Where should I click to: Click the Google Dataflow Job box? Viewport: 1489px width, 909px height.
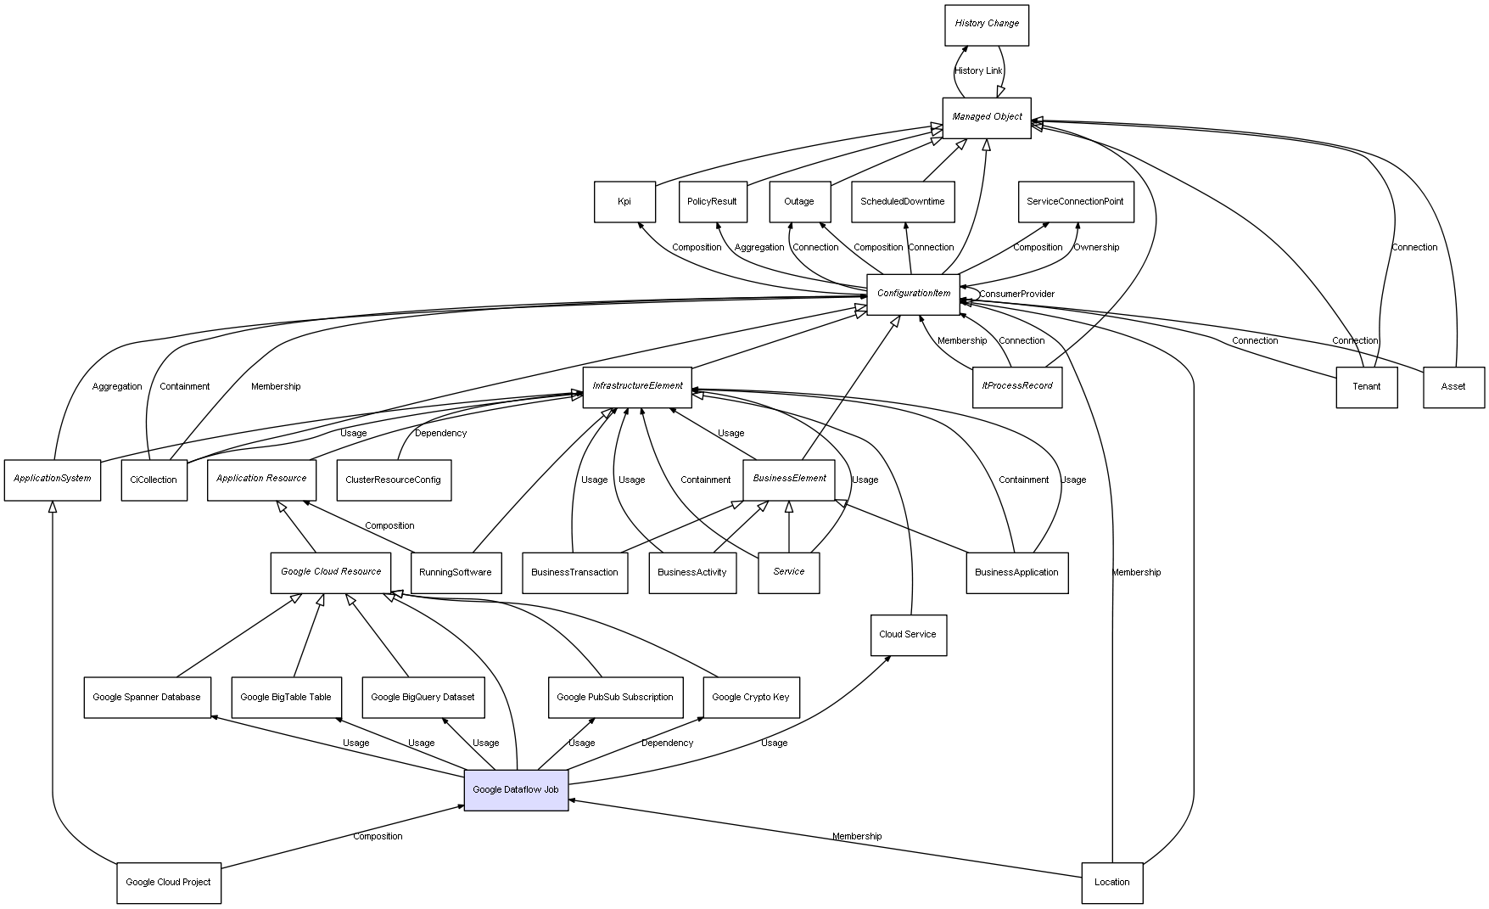[x=516, y=790]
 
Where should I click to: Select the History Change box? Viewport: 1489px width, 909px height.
[x=986, y=25]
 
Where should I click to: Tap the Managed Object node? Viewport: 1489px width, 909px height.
[x=986, y=117]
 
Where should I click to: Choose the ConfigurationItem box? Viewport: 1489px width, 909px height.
[x=913, y=294]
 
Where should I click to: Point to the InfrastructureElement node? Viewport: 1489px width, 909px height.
[x=636, y=386]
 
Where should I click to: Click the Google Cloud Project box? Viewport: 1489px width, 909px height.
[x=168, y=883]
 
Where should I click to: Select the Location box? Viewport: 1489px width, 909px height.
[x=1111, y=883]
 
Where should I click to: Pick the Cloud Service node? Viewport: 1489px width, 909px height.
[x=908, y=635]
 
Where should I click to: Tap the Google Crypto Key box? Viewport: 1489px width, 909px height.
[x=750, y=698]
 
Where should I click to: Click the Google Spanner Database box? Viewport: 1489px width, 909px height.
[x=147, y=698]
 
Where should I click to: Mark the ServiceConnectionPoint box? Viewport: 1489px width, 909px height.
[x=1075, y=202]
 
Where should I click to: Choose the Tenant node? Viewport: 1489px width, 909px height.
[x=1366, y=387]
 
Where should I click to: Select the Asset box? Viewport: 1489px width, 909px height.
[x=1453, y=387]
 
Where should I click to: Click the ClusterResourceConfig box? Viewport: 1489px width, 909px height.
[x=393, y=480]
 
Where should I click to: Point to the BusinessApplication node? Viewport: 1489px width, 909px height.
[x=1016, y=573]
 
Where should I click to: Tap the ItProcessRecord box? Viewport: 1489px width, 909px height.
[x=1016, y=386]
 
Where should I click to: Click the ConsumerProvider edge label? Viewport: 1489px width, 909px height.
[x=1016, y=295]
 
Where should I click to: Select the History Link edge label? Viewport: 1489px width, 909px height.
[x=977, y=71]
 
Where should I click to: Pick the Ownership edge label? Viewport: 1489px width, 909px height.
[x=1095, y=248]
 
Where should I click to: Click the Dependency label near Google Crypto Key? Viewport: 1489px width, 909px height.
[x=667, y=743]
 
